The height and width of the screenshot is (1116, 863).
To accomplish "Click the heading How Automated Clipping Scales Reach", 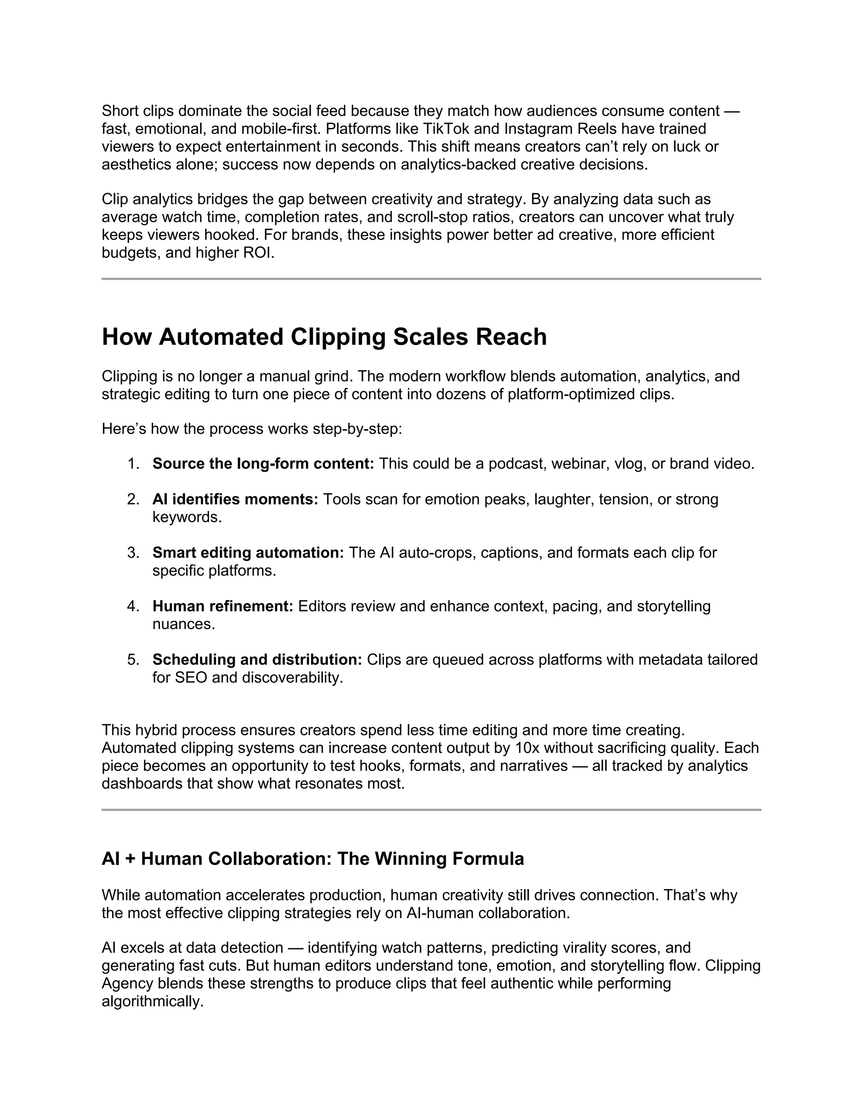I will click(x=324, y=337).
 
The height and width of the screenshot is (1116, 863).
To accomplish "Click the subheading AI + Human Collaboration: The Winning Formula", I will click(x=312, y=858).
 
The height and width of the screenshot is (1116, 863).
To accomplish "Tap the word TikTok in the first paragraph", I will click(x=443, y=129).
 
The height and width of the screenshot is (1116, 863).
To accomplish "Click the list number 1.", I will click(x=133, y=464).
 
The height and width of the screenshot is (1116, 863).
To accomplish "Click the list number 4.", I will click(x=133, y=606).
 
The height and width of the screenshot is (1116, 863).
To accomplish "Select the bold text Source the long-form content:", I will click(x=263, y=464).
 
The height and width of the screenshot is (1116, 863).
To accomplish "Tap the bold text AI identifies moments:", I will click(x=235, y=499).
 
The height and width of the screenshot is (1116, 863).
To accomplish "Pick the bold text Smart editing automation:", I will click(x=248, y=553).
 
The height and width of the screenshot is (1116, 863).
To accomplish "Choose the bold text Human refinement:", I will click(x=222, y=606).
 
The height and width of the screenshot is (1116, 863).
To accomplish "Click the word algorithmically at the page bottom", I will click(x=153, y=1001).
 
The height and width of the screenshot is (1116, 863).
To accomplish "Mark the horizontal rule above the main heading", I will click(x=431, y=279).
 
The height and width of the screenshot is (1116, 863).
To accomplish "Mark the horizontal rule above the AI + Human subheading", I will click(x=431, y=810).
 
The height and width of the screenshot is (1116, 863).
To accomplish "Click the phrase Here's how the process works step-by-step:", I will click(x=252, y=429).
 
